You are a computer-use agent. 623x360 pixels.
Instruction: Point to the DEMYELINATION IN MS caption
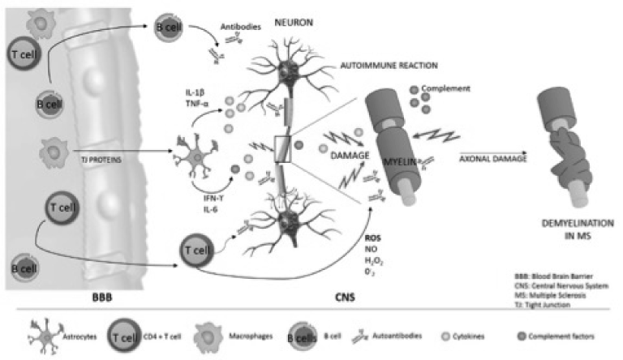(x=571, y=228)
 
